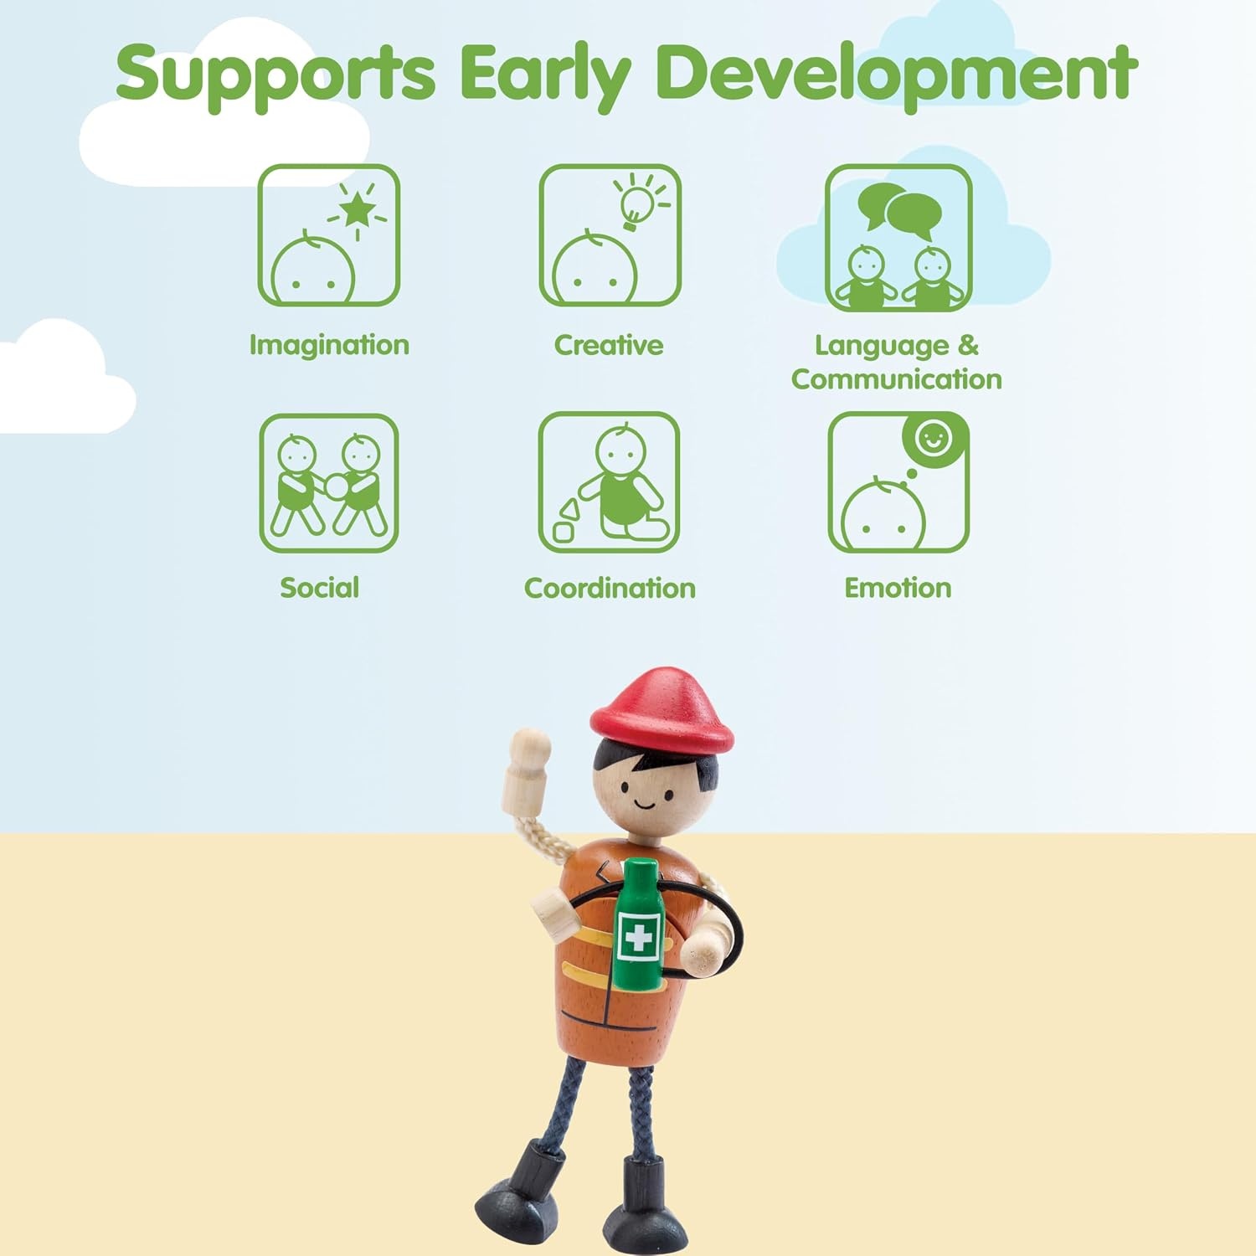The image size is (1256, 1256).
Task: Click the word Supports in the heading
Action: coord(275,74)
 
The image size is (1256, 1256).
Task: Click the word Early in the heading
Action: coord(545,74)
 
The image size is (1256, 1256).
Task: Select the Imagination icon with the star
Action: coord(328,235)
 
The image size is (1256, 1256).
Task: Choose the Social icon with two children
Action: coord(328,483)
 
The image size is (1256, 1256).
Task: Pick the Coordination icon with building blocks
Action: coord(609,482)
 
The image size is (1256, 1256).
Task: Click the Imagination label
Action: coord(329,345)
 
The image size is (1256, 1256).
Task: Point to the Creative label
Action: coord(609,344)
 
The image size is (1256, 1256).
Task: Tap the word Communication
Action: coord(897,379)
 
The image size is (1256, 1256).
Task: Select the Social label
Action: coord(319,588)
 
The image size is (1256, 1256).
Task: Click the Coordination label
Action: coord(610,588)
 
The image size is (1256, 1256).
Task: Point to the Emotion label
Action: coord(898,588)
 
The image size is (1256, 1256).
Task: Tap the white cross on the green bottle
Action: coord(639,937)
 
